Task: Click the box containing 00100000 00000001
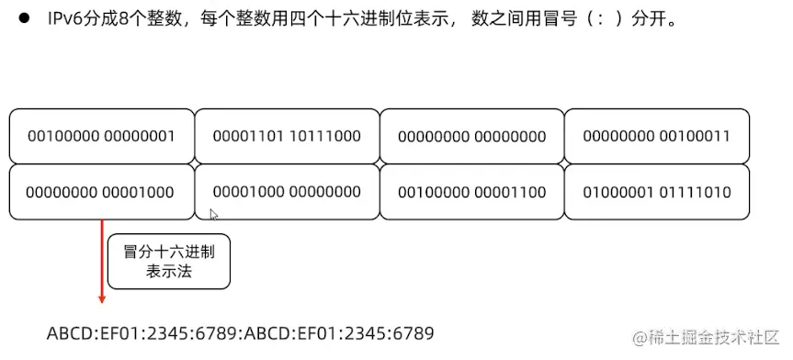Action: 101,136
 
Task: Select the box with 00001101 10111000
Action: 287,136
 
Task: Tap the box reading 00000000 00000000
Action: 471,136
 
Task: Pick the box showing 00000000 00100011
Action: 656,136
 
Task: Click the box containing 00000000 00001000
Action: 101,192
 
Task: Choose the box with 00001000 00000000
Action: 287,192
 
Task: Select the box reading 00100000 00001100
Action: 471,192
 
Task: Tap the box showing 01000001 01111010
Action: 656,192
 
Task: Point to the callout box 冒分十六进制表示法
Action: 168,262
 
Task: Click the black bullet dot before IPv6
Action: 24,19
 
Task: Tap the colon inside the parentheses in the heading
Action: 586,19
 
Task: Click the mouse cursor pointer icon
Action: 213,215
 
